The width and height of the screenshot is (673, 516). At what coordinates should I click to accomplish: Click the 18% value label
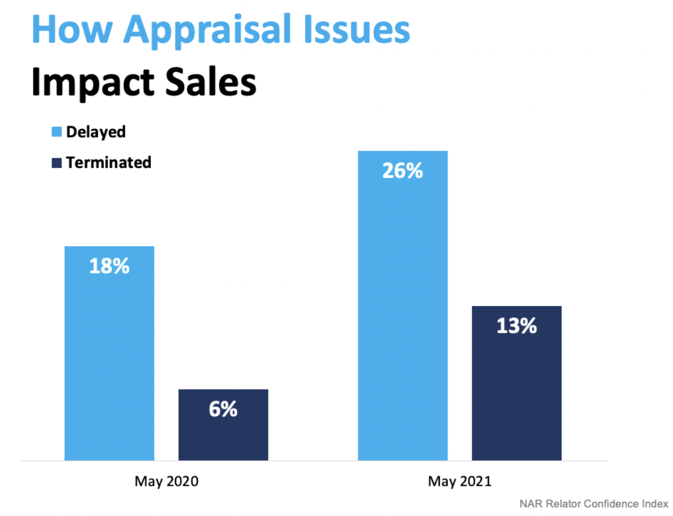tap(109, 266)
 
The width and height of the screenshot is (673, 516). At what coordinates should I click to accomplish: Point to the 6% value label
tap(223, 409)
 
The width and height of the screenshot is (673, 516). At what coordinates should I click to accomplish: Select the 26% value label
tap(403, 171)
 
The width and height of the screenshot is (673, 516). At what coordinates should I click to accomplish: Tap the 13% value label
tap(516, 326)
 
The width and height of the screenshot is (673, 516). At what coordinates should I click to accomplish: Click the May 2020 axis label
tap(166, 481)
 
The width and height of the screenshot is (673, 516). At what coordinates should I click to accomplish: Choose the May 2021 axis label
tap(460, 481)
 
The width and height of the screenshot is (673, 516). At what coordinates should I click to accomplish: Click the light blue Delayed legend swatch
tap(57, 132)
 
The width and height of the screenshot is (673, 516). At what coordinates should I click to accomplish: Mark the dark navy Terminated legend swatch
tap(57, 163)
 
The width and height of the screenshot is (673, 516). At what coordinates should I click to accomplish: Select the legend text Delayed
tap(96, 132)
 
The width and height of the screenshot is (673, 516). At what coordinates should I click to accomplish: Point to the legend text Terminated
tap(109, 163)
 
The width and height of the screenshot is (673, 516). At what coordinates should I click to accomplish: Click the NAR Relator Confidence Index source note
tap(593, 504)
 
